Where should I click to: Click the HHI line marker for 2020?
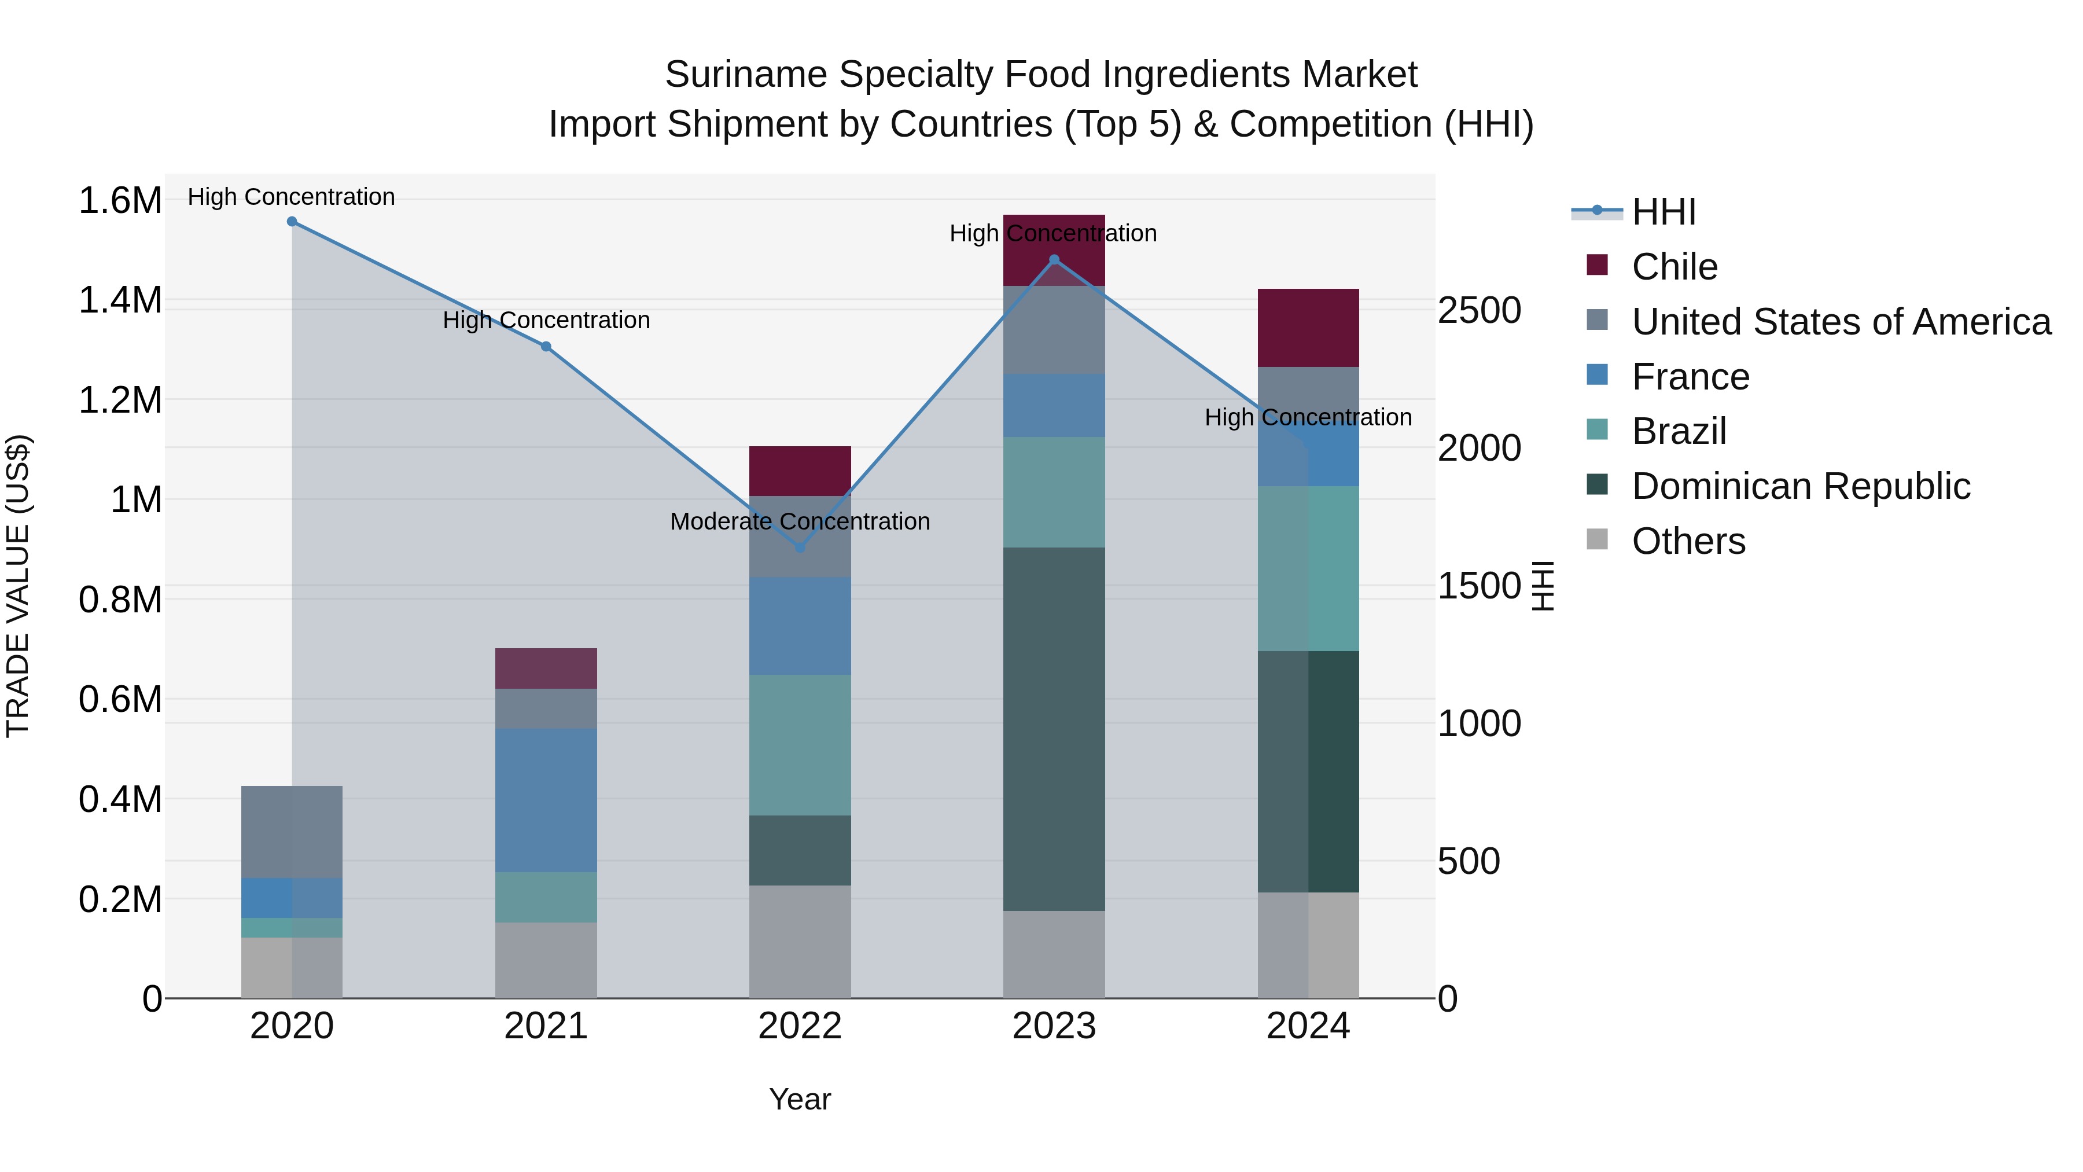292,222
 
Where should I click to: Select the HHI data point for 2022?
800,548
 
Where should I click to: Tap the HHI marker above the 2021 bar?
546,346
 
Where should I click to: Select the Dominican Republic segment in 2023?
1054,728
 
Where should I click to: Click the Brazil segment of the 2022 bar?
800,744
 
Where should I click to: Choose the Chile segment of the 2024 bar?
1308,328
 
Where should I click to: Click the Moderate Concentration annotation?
800,521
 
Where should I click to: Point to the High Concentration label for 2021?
546,320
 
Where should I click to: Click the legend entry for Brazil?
1678,431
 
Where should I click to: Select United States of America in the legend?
1841,322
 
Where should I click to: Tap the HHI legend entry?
1662,212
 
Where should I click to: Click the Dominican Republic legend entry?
1800,486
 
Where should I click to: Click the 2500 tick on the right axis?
1479,311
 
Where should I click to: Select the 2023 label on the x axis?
1054,1026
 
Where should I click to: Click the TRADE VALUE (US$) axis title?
18,586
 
